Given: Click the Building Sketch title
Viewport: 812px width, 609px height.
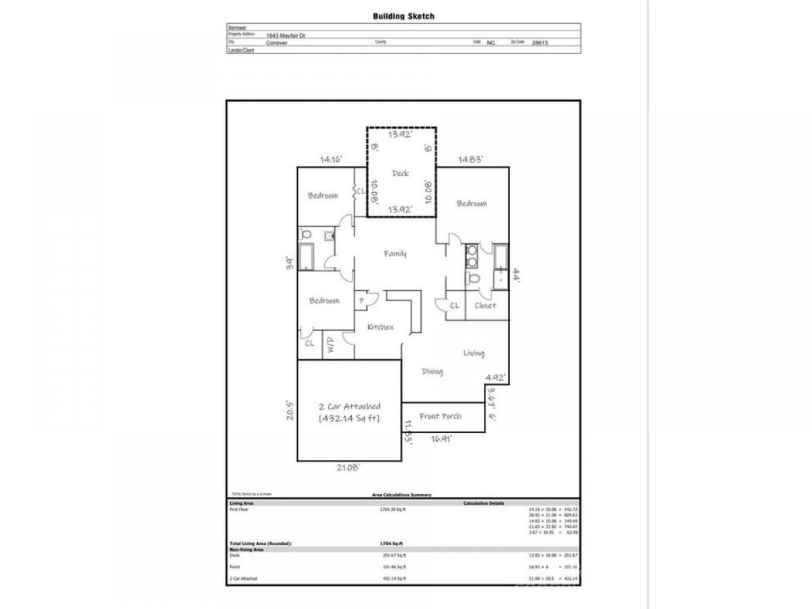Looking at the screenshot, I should click(403, 16).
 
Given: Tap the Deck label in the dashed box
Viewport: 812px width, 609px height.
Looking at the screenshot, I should click(401, 173).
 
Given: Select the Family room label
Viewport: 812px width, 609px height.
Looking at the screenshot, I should click(395, 254).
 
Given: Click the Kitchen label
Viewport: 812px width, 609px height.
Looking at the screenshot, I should click(380, 328).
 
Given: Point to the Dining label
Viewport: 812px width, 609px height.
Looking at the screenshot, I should click(432, 371).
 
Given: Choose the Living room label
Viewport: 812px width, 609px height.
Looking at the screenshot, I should click(474, 353).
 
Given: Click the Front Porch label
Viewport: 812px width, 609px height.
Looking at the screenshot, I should click(441, 416).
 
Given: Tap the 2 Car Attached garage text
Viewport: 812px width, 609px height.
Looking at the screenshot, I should click(349, 407).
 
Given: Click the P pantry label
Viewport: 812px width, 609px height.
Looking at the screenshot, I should click(362, 301).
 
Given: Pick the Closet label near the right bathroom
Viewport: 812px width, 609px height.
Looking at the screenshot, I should click(485, 305).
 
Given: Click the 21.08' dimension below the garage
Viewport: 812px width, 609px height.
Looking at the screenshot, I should click(349, 467).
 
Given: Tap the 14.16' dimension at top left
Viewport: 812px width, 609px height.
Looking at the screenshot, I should click(331, 160).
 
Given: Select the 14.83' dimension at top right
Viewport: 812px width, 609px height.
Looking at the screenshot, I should click(471, 160).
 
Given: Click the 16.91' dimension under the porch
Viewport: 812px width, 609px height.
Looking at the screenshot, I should click(441, 438).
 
